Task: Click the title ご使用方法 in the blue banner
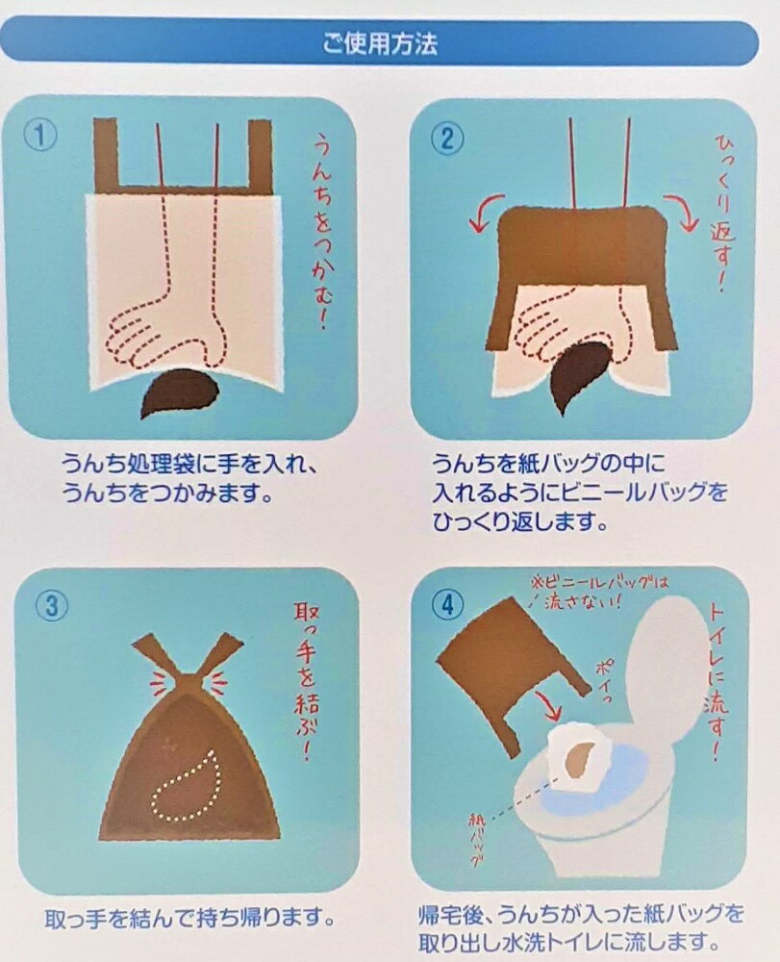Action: point(380,43)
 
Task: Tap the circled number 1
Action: point(40,136)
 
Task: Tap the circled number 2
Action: point(447,139)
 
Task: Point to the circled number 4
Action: point(447,605)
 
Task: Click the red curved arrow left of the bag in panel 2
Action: point(486,213)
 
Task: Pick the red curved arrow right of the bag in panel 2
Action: point(682,213)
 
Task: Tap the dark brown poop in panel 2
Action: point(581,375)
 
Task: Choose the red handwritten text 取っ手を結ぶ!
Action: point(306,680)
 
